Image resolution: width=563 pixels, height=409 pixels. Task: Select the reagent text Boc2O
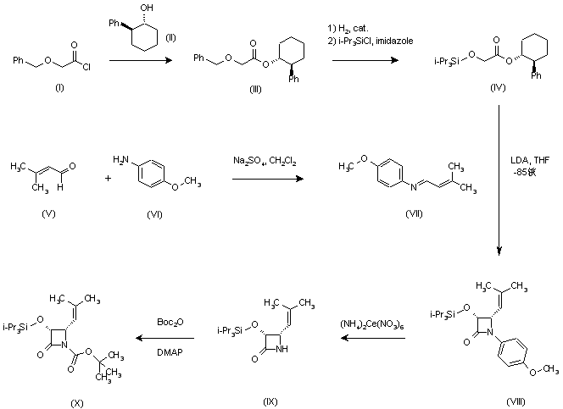[x=167, y=322]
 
